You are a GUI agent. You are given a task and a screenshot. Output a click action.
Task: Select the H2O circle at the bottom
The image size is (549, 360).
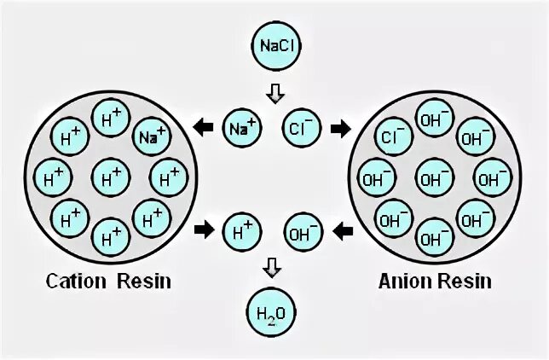274,312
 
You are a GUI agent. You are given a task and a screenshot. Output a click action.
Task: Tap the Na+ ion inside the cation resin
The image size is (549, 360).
152,136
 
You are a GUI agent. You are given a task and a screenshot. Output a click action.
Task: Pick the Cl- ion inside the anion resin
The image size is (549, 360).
394,136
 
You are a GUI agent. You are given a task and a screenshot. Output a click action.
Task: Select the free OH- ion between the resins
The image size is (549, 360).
303,230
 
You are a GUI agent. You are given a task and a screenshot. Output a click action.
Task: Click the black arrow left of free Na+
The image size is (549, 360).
204,129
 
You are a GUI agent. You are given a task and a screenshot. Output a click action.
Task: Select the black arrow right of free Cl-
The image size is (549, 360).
340,129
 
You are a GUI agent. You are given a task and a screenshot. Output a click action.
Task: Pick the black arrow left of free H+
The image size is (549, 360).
204,229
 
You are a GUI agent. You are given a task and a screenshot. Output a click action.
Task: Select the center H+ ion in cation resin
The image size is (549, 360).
112,178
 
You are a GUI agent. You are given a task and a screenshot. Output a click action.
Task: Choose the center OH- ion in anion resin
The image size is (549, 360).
435,178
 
